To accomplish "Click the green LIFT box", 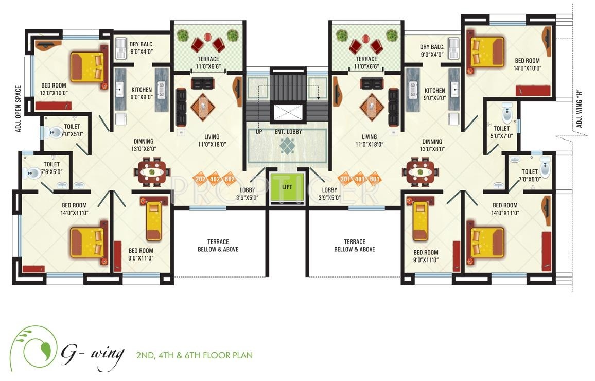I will pos(287,187).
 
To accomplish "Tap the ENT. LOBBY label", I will pos(288,132).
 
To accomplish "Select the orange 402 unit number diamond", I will pos(215,179).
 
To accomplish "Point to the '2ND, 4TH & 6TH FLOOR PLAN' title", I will pos(194,355).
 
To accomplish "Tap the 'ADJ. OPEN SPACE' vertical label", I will pos(18,109).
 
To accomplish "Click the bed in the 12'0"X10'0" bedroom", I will pos(87,66).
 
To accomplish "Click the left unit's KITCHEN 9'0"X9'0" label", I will pos(142,93).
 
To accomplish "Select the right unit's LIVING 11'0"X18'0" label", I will pos(369,141).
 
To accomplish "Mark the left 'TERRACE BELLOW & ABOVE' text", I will pos(218,245).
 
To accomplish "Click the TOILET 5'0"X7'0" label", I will pos(501,132).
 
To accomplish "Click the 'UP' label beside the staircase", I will pos(259,132).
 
